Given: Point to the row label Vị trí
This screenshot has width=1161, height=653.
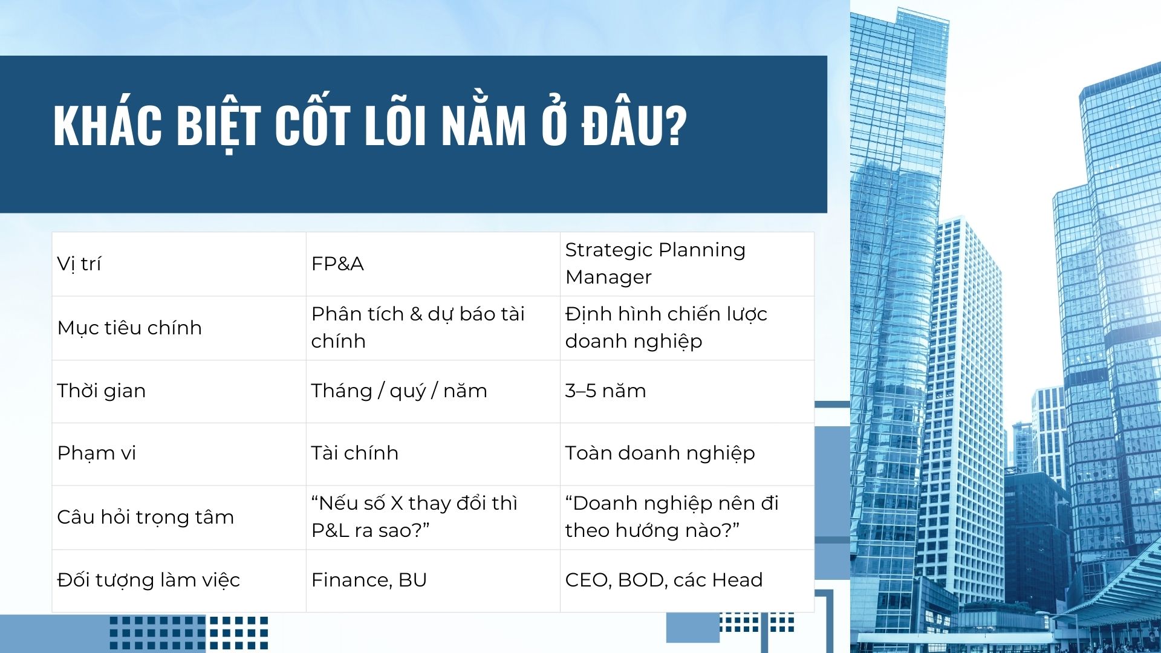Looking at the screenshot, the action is (x=79, y=264).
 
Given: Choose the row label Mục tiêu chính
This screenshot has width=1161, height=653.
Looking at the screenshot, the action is (x=129, y=328).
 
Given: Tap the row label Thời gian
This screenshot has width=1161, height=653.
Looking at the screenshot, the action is (x=101, y=391).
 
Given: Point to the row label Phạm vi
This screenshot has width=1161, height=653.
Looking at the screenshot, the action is (x=96, y=453).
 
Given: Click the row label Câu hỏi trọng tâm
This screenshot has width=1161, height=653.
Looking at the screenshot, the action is (x=145, y=518).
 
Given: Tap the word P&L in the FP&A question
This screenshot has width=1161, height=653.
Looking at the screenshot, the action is (x=330, y=530).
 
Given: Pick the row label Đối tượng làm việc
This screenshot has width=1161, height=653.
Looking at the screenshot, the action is (x=148, y=580).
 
